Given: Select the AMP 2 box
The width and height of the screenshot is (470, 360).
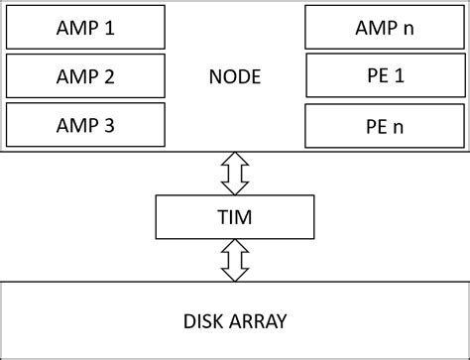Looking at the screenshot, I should coord(85,75).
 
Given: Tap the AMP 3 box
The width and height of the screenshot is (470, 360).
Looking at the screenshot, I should coord(85,124).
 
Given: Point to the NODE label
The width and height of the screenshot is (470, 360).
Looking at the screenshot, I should coord(234,75).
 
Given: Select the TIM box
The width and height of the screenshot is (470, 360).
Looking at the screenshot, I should coord(235,215).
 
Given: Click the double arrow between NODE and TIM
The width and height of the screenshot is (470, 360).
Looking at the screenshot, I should coord(235,174).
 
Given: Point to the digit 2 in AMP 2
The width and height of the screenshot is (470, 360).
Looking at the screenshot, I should coord(110,75).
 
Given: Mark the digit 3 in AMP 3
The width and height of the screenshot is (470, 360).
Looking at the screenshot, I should coord(110,124).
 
